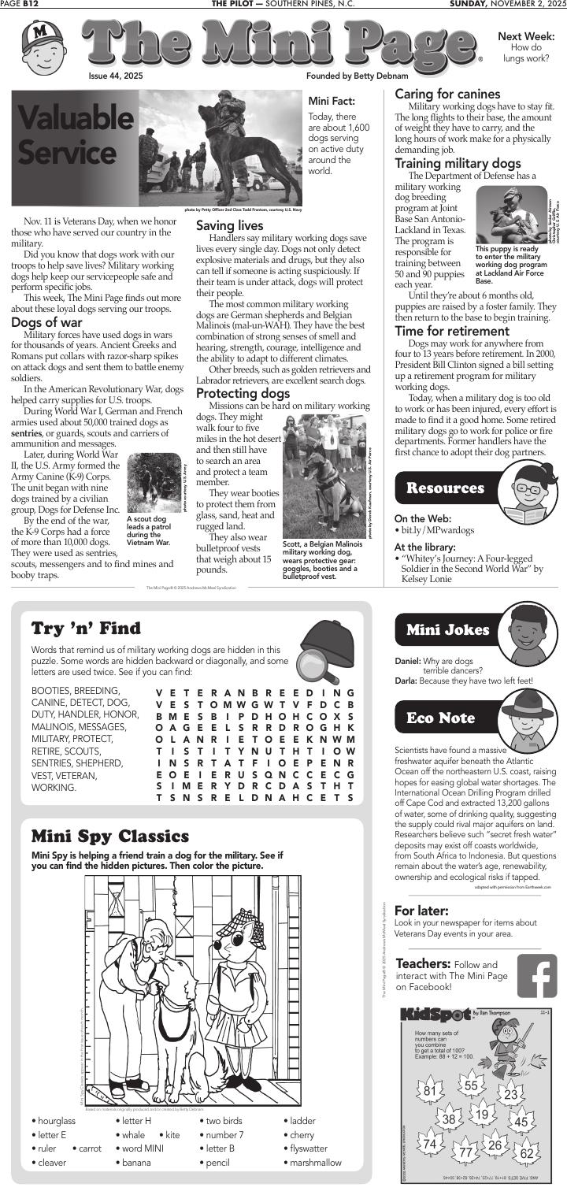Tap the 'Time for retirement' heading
tap(451, 331)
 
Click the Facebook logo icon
tap(536, 976)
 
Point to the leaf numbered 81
tap(429, 1091)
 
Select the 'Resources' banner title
tap(445, 488)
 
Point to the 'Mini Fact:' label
tap(332, 101)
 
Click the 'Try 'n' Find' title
tap(86, 628)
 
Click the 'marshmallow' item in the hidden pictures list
tap(316, 1162)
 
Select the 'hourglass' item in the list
tap(56, 1120)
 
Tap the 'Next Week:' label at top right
tap(526, 37)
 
